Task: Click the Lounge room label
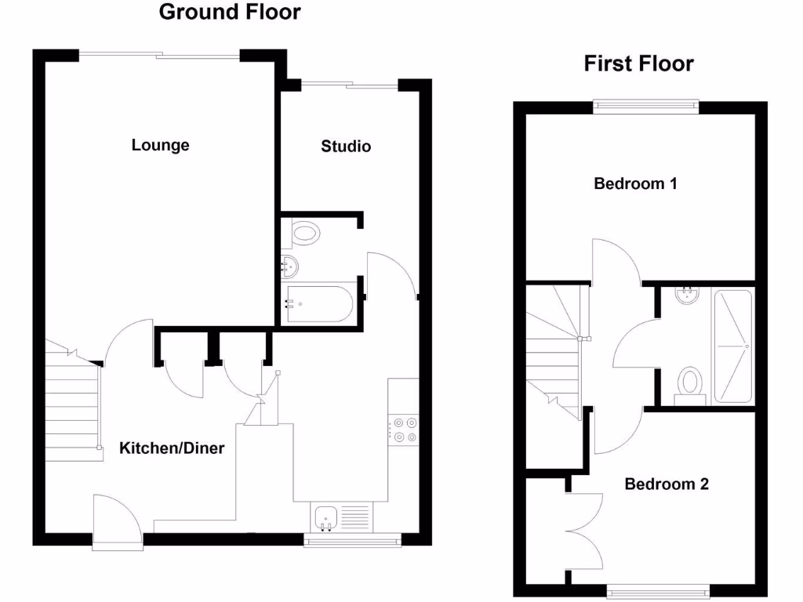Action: (161, 145)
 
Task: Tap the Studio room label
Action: (346, 147)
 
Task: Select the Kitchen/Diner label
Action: (172, 448)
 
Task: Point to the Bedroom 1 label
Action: (635, 184)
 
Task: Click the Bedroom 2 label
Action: (667, 484)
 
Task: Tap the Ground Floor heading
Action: (230, 12)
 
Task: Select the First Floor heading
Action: (638, 63)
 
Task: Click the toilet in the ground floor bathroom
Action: (304, 232)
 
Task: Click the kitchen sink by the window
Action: (325, 517)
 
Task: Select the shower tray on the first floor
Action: (732, 346)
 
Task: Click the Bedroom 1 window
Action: (645, 106)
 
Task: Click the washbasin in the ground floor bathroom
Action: (289, 267)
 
